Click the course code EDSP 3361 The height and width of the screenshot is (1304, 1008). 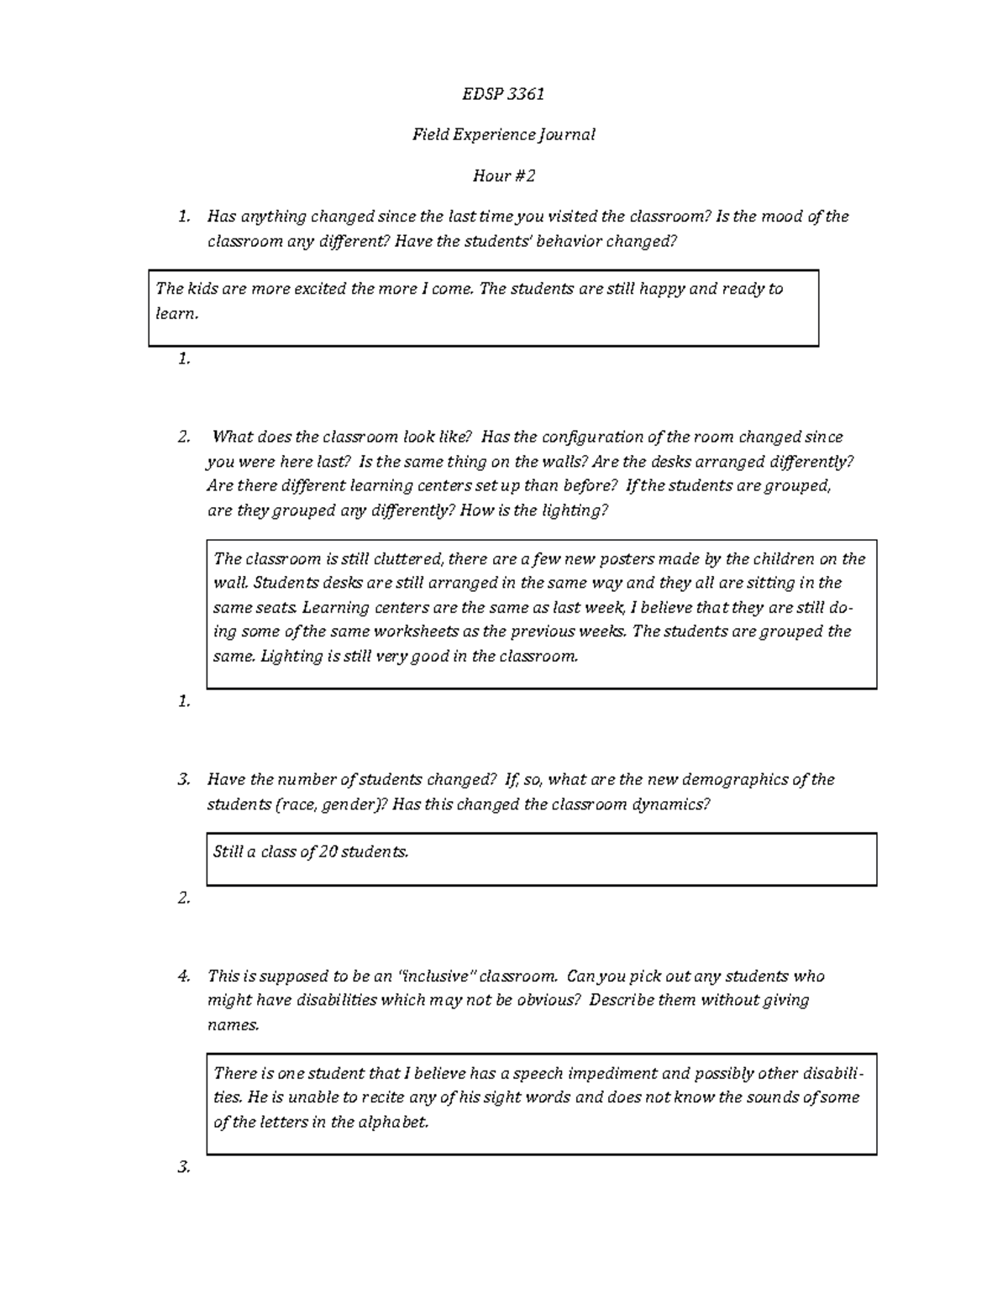(503, 93)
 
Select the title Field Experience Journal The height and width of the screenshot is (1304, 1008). (503, 134)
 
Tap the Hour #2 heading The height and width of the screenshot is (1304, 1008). (503, 175)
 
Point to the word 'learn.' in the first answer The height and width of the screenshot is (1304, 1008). (177, 313)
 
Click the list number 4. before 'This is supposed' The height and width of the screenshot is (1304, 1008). (184, 977)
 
